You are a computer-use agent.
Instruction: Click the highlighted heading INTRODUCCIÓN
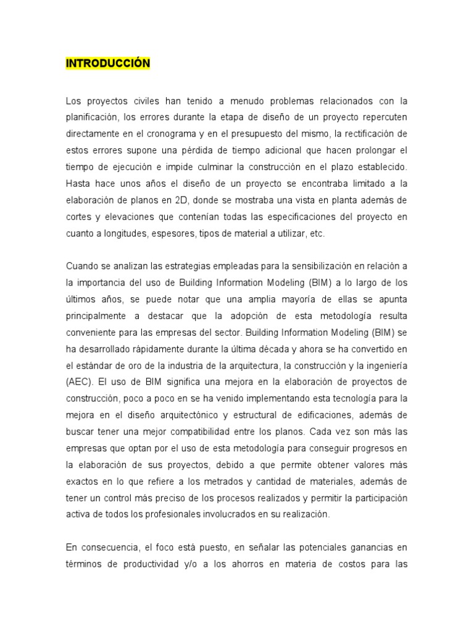click(107, 64)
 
